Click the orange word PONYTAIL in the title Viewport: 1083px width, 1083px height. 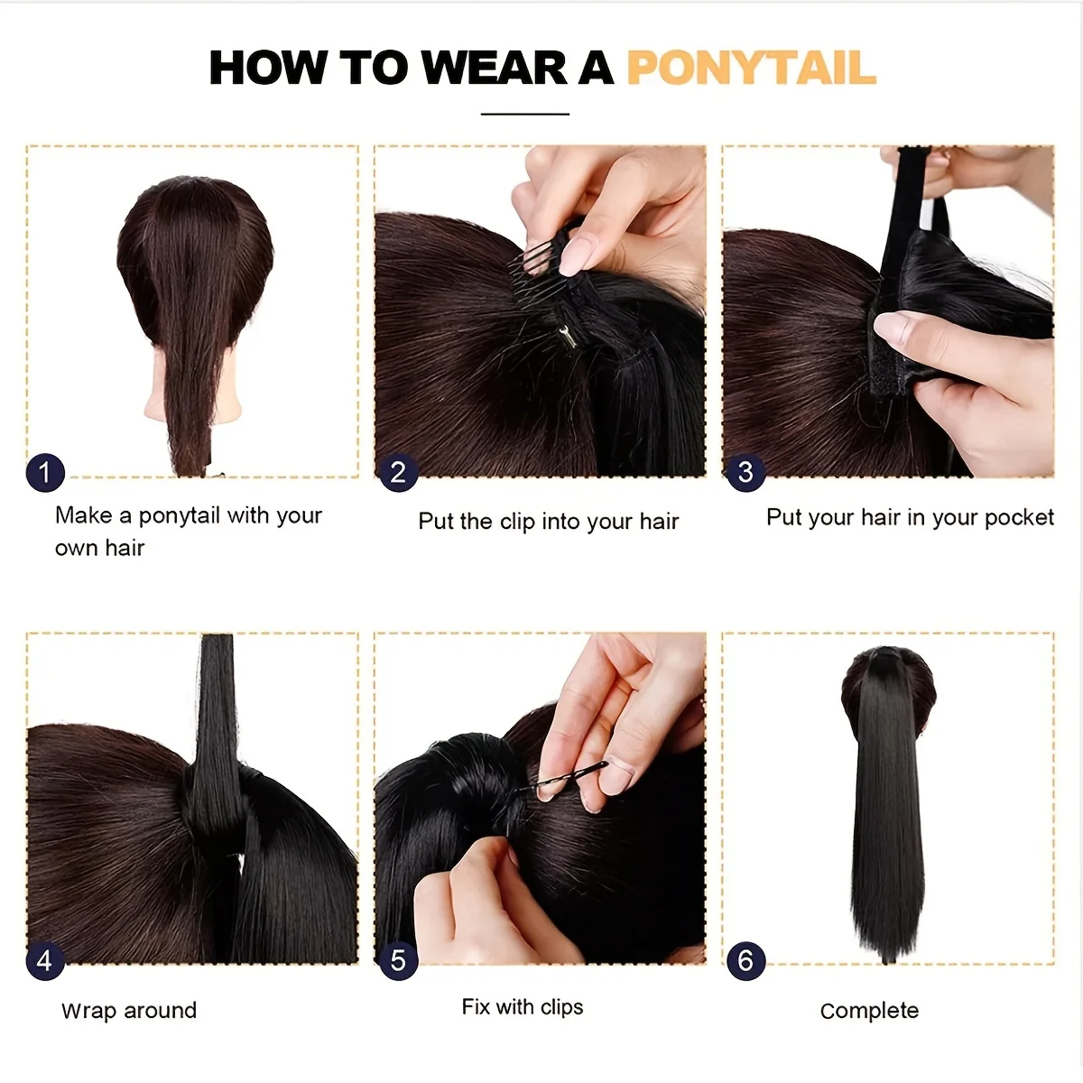752,68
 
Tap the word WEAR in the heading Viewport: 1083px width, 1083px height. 495,68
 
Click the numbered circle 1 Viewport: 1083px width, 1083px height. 45,473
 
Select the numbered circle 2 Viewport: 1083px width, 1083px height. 399,473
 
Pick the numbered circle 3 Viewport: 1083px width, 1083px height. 745,473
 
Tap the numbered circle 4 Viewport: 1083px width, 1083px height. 45,961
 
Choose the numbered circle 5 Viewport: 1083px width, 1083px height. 399,961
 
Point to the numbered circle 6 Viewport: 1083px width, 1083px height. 745,961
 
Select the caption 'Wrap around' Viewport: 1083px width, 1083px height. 129,1011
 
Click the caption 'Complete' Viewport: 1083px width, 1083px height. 869,1011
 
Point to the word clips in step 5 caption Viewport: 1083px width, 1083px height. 561,1007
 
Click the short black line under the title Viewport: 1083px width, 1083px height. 525,114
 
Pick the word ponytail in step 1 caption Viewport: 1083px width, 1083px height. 179,516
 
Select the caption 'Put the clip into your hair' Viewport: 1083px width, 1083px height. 549,522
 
